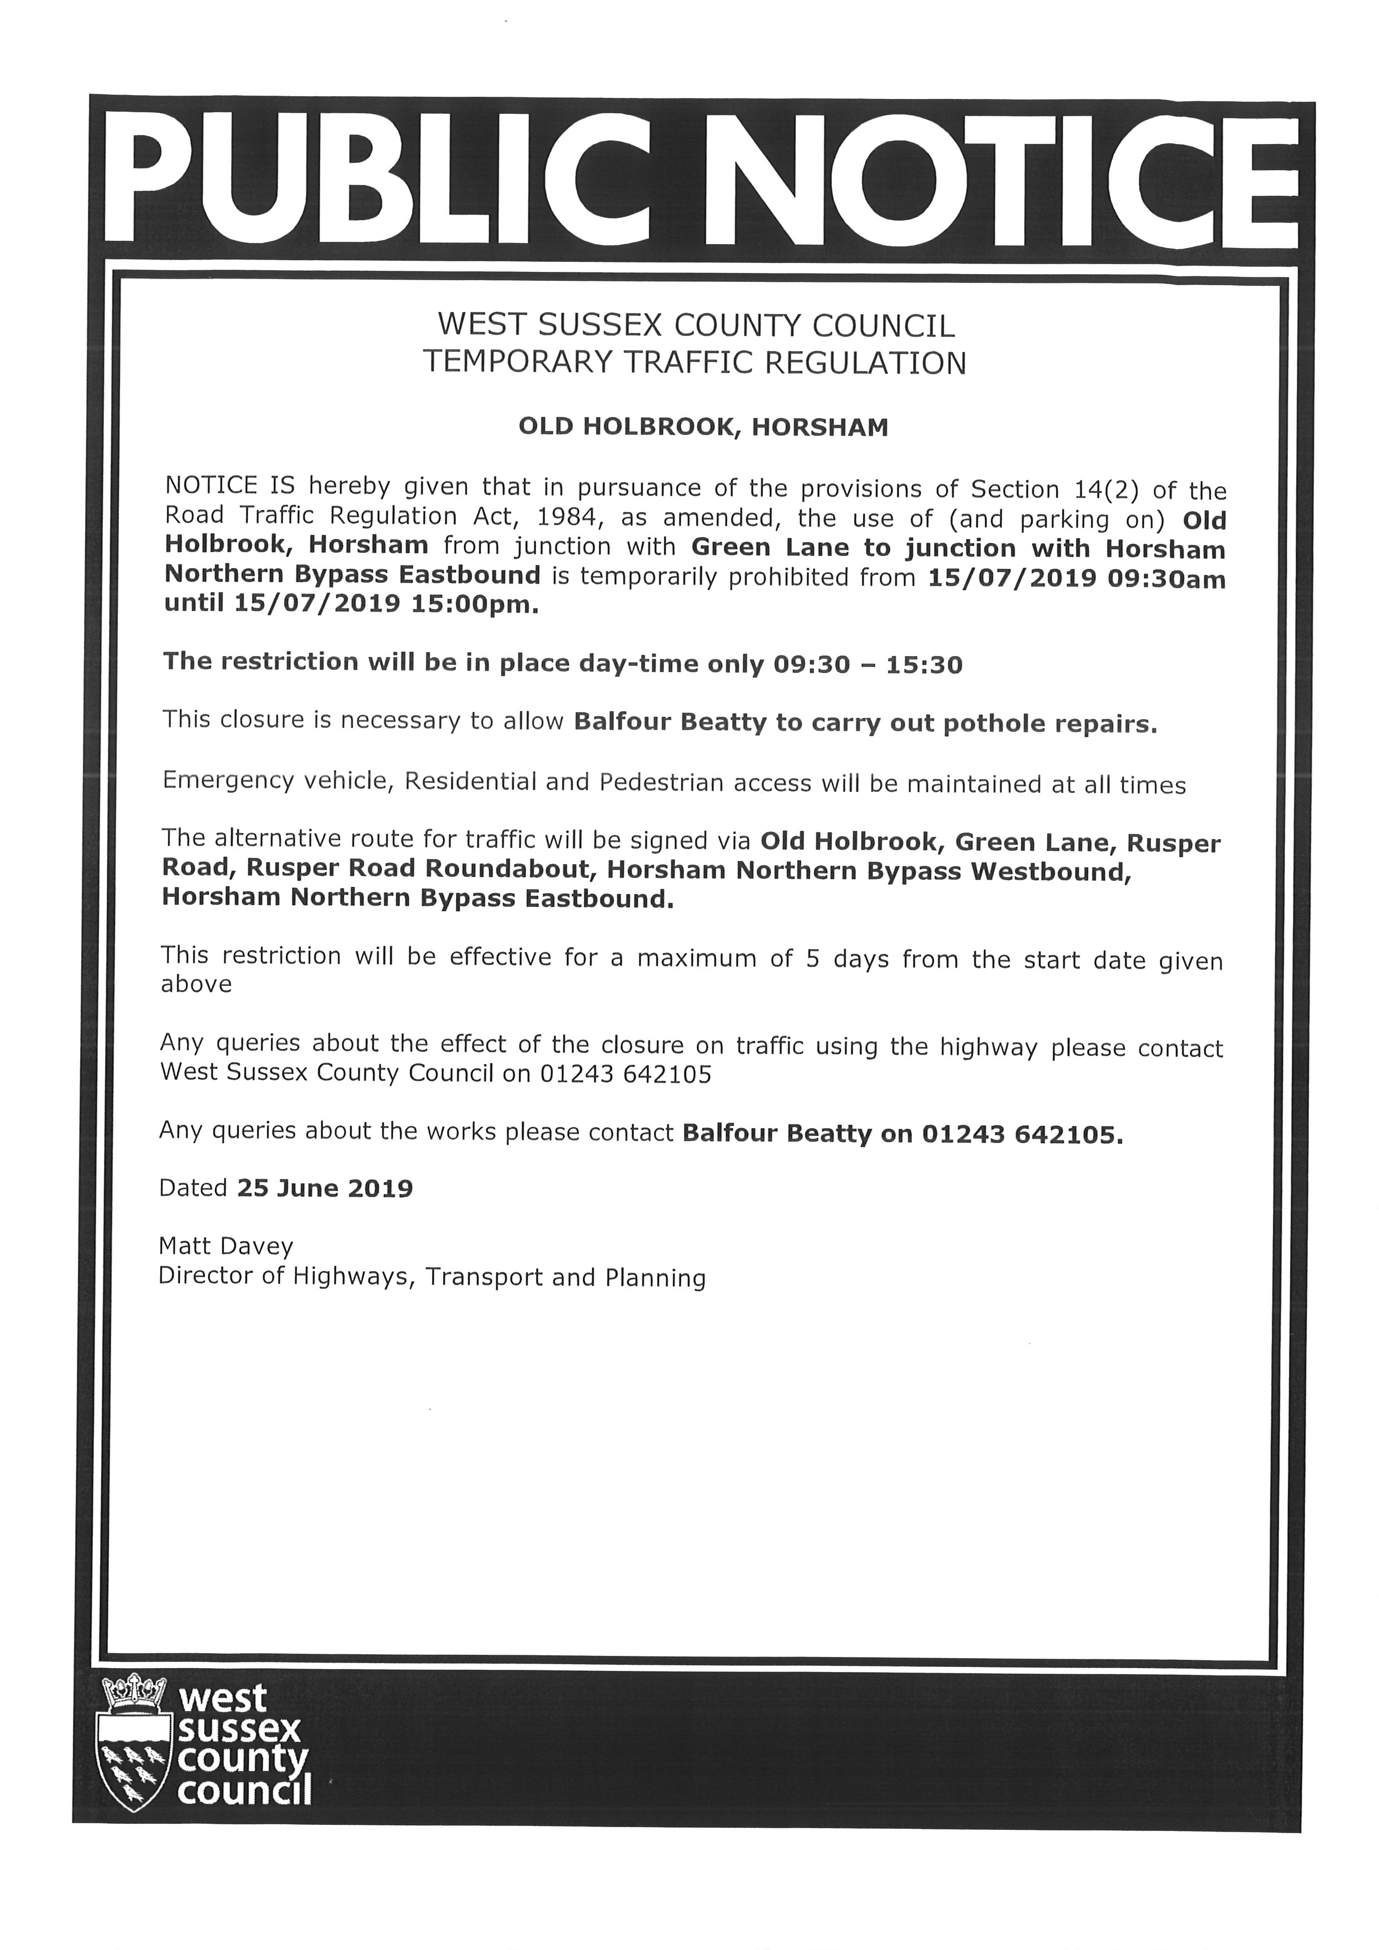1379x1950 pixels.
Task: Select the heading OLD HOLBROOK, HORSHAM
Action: pos(703,426)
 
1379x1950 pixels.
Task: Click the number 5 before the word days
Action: pos(812,958)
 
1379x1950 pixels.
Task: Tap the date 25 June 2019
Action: pos(325,1188)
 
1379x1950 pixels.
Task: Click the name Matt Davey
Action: pos(226,1247)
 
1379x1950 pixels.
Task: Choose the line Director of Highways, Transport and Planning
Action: pos(432,1277)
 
